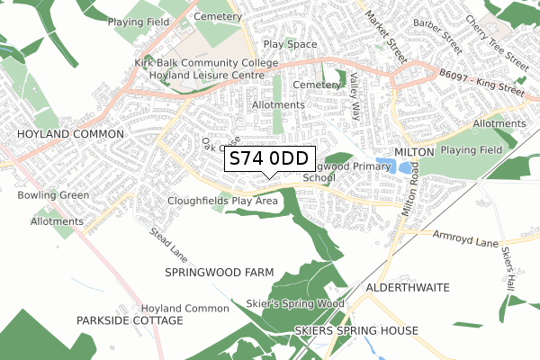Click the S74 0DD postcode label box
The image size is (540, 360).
coord(269,158)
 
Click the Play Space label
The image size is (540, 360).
coord(290,44)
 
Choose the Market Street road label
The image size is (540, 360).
coord(379,32)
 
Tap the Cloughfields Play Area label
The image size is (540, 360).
coord(222,201)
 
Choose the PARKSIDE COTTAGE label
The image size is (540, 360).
coord(130,320)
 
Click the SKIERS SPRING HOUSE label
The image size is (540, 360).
coord(356,331)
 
